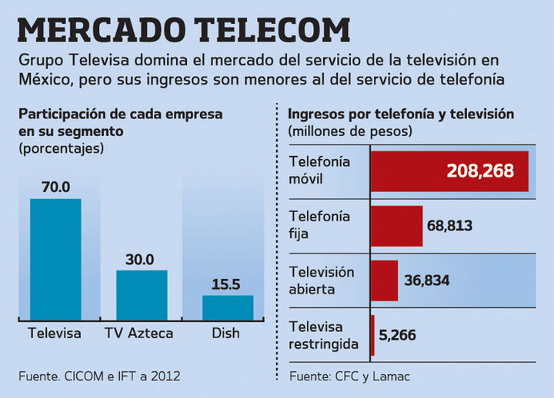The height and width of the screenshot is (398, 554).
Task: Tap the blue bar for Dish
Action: [227, 307]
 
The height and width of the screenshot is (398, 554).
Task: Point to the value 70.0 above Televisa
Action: [56, 187]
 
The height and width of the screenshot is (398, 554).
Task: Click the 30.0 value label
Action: [139, 259]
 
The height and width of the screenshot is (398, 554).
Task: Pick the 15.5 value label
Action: [226, 284]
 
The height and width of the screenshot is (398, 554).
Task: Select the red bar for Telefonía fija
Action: [396, 226]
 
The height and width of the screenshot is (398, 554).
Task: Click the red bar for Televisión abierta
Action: [384, 280]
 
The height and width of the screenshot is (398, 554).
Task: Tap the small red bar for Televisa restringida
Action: [372, 335]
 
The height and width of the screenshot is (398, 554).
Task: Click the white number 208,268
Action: [480, 171]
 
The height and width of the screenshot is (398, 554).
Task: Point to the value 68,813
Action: [449, 226]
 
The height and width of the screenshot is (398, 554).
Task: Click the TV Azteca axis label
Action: [139, 333]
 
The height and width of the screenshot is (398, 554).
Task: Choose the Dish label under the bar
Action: [225, 333]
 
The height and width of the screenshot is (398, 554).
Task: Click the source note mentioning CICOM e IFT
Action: [99, 376]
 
